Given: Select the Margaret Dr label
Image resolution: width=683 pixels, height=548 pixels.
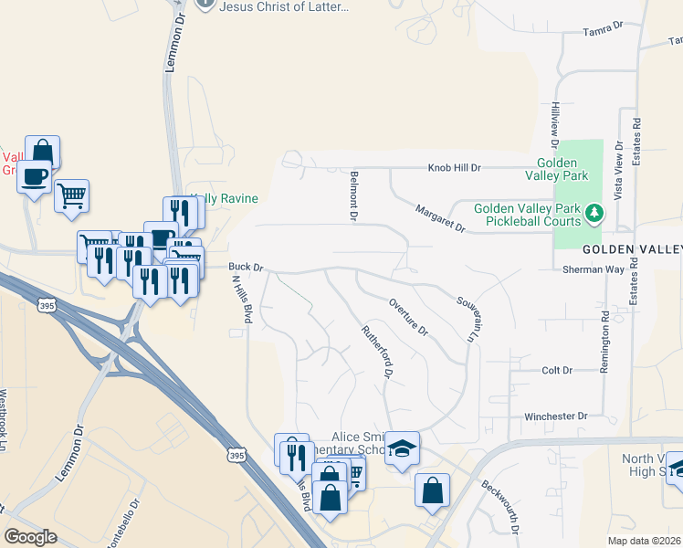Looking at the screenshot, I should tap(439, 219).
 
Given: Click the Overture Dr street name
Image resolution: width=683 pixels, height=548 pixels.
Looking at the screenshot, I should tap(408, 317).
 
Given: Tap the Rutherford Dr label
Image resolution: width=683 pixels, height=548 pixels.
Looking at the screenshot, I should tap(377, 353).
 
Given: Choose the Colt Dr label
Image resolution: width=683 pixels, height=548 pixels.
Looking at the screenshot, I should tap(556, 370).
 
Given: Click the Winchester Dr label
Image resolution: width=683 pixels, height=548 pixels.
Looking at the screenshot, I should tap(555, 416).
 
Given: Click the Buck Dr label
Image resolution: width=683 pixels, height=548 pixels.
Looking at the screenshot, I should tap(246, 268).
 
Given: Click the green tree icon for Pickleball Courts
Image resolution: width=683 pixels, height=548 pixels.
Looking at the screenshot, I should tap(594, 214).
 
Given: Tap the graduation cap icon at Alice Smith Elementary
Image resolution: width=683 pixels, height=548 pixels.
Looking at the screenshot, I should tap(402, 448).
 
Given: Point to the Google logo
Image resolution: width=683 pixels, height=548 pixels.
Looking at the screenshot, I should tap(31, 537).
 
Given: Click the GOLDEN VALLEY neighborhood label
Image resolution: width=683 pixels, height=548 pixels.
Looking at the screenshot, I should tap(632, 249).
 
